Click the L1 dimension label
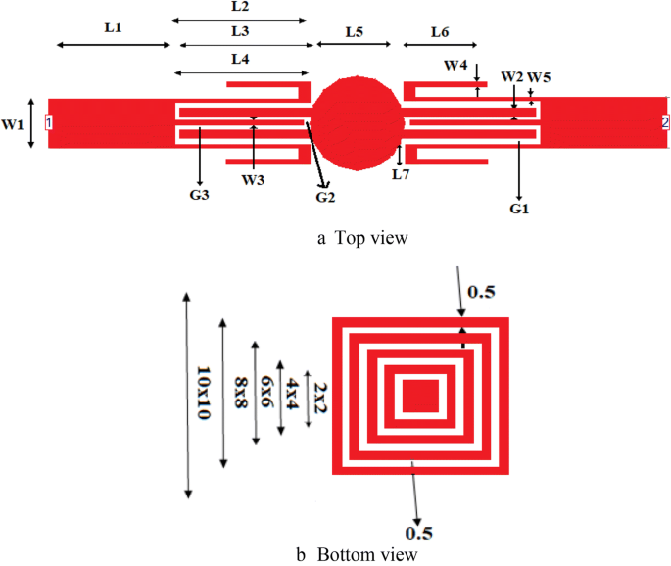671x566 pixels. coord(113,28)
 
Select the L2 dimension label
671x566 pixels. coord(240,7)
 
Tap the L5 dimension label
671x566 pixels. coord(354,32)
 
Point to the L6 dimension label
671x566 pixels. coord(440,32)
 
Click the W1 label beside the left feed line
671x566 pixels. coord(13,124)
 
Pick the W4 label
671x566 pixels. coord(455,66)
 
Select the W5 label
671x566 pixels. coord(540,77)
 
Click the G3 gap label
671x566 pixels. coord(200,195)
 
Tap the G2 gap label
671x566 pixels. coord(325,198)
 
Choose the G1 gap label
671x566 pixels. coord(519,209)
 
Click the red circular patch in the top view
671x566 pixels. coord(358,122)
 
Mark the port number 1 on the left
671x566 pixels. coord(49,122)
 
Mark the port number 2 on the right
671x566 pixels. coord(665,122)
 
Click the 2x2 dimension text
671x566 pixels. coord(320,397)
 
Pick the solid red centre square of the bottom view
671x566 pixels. coord(421,397)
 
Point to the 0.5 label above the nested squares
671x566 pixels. coord(480,292)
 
